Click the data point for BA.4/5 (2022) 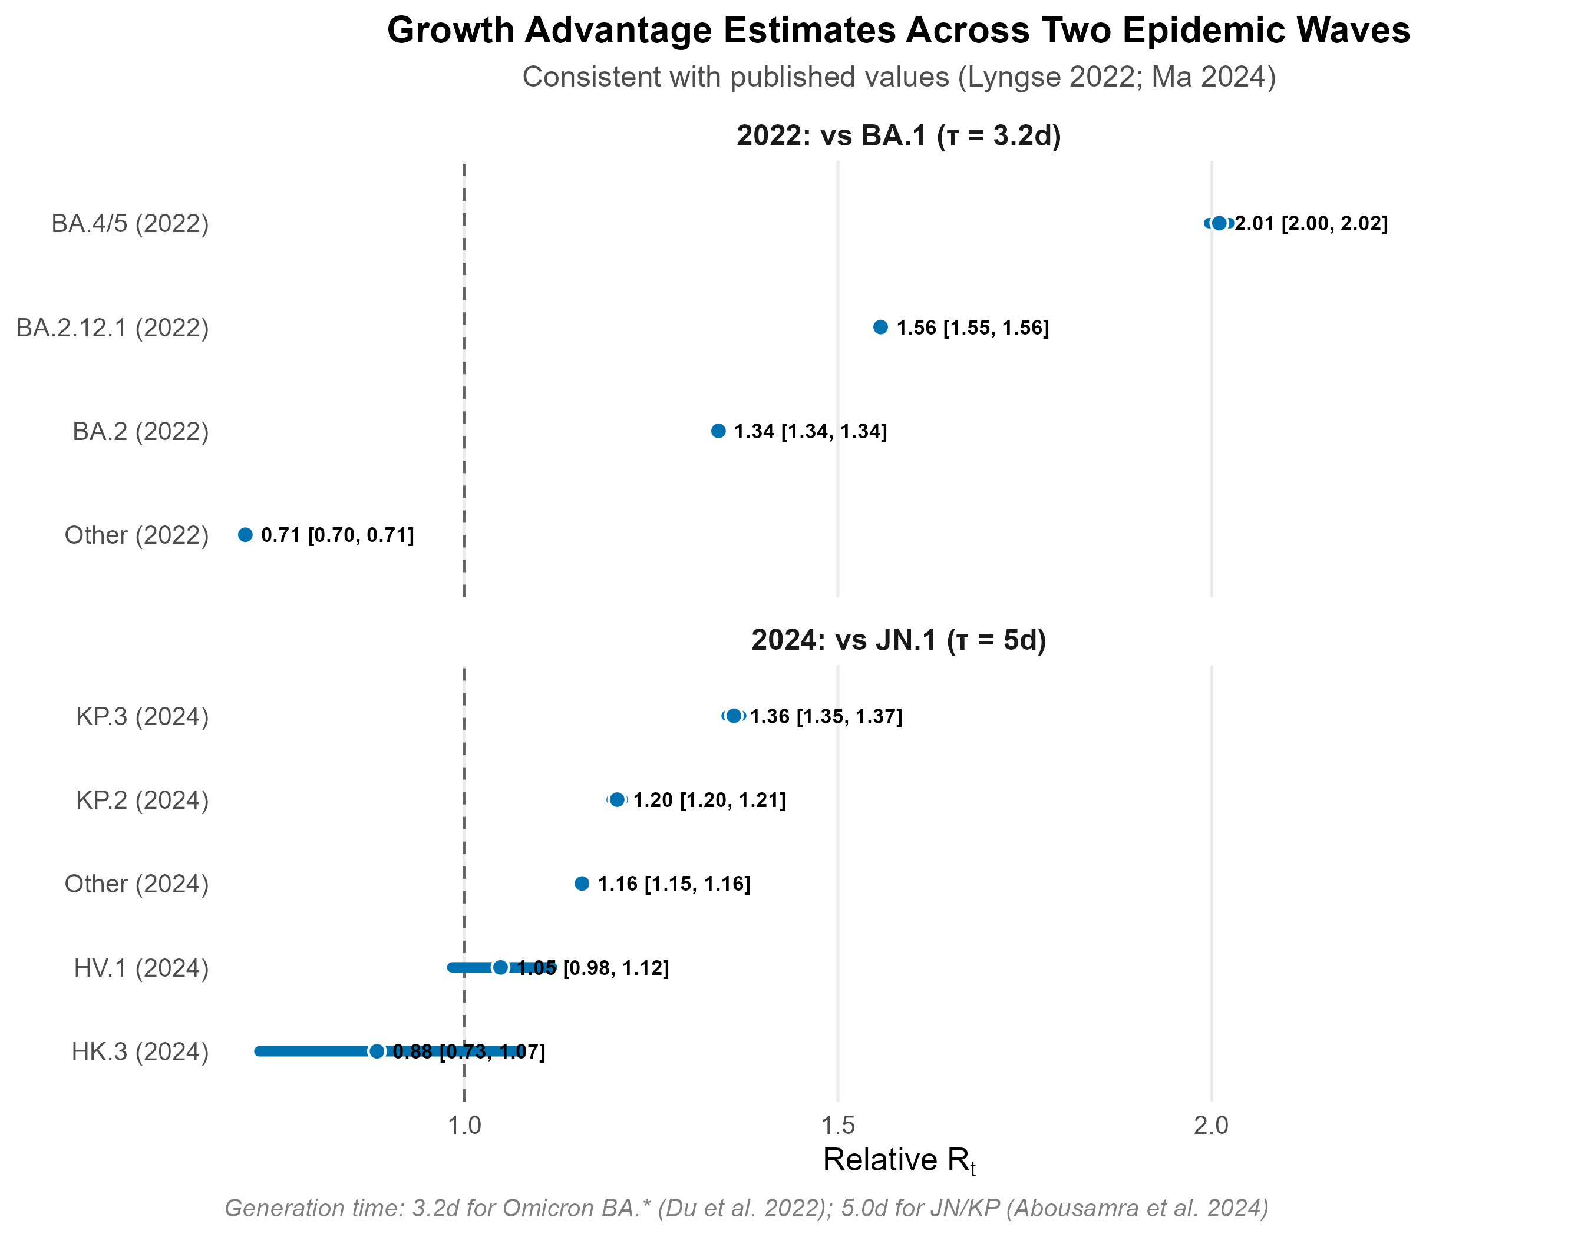tap(1219, 223)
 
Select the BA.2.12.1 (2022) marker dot tap(880, 327)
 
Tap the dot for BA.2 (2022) tap(718, 431)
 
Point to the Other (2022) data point tap(246, 535)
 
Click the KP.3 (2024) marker tap(734, 716)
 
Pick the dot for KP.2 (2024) tap(617, 799)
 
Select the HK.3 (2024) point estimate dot tap(377, 1051)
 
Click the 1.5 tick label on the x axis tap(838, 1126)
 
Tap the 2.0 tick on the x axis tap(1211, 1126)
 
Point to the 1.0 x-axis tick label tap(464, 1126)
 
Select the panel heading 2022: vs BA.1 tap(898, 136)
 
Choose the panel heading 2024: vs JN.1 tap(898, 640)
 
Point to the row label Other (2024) tap(136, 884)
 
